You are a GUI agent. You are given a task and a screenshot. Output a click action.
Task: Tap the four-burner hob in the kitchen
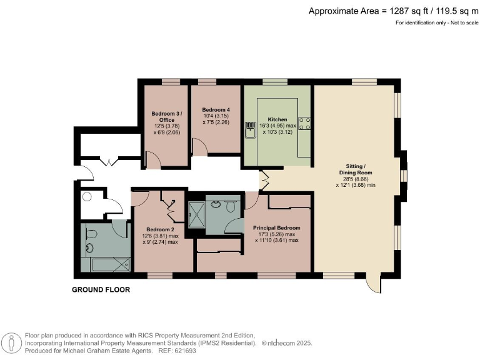click(305, 124)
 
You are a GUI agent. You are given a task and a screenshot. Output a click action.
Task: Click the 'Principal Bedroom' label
click(276, 227)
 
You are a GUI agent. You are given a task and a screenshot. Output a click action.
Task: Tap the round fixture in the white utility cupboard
click(87, 196)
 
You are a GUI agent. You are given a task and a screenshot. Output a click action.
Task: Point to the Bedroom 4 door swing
click(199, 147)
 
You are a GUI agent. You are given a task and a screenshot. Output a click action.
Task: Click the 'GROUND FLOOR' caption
click(101, 289)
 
